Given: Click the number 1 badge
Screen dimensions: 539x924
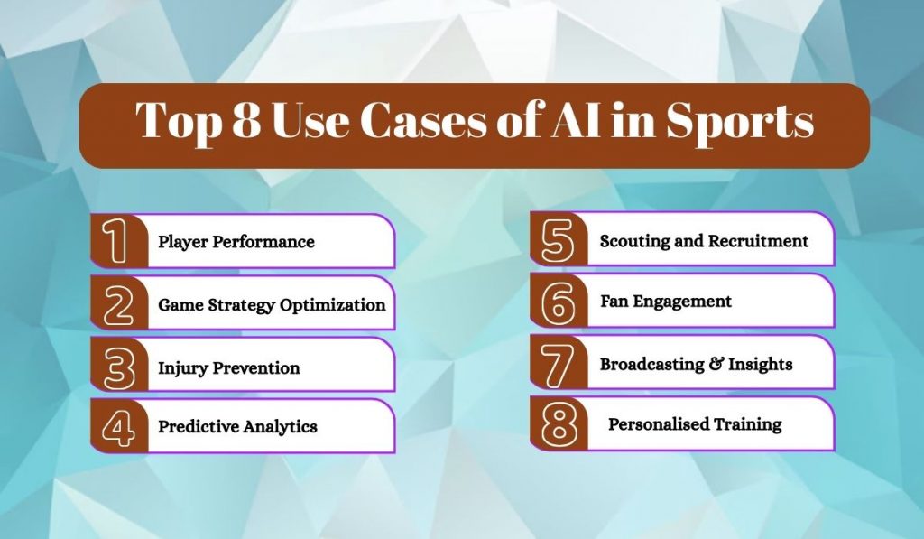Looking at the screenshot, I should point(117,241).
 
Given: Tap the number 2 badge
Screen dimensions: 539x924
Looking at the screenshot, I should point(117,304).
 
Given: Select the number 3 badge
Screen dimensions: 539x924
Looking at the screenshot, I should point(117,366).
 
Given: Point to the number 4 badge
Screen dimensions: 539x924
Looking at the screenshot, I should point(117,427).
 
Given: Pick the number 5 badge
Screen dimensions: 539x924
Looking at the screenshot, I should point(558,241).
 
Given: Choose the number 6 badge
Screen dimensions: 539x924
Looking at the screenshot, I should point(558,302).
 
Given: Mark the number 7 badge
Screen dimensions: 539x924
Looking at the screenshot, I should point(558,363).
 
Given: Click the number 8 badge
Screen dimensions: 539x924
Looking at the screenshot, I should point(558,424).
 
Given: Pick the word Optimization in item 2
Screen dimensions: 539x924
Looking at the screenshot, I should point(333,305).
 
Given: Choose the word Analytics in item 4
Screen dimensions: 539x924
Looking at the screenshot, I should point(280,426).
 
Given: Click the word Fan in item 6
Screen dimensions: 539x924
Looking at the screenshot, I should point(614,301).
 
